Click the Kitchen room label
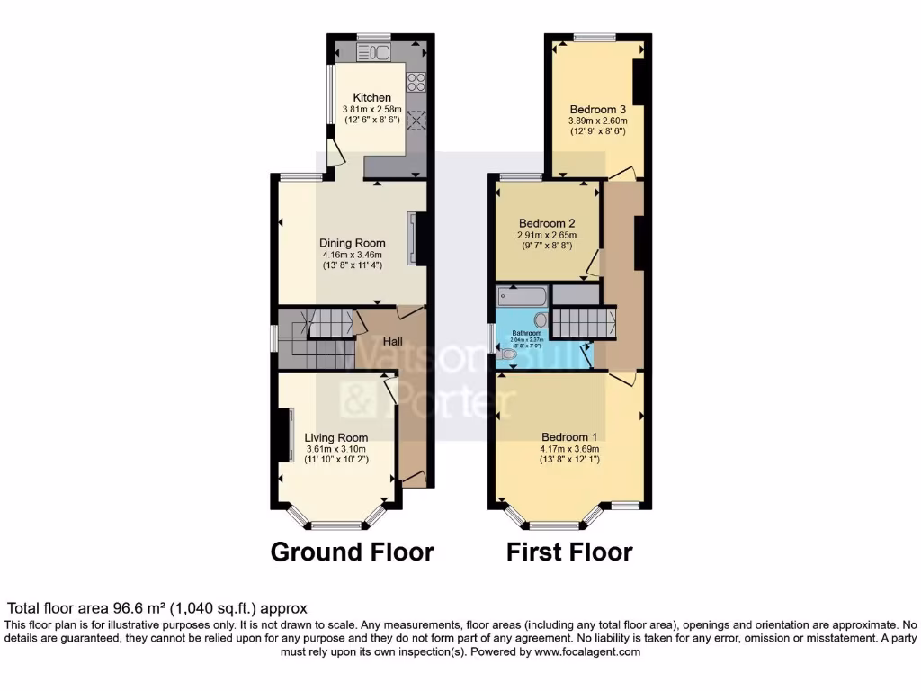[x=371, y=97]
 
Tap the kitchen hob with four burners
[x=417, y=82]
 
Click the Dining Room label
[x=353, y=243]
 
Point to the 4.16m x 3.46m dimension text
[x=353, y=255]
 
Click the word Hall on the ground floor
[x=393, y=342]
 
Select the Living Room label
[x=336, y=438]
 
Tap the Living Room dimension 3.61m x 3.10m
[x=336, y=449]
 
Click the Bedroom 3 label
[x=597, y=109]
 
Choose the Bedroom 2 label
[x=547, y=223]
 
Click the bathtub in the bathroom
[x=521, y=297]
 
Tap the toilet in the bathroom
[x=508, y=357]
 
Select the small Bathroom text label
[x=527, y=332]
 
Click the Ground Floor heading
[x=352, y=552]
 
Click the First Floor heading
[x=569, y=552]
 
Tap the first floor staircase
[x=582, y=320]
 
